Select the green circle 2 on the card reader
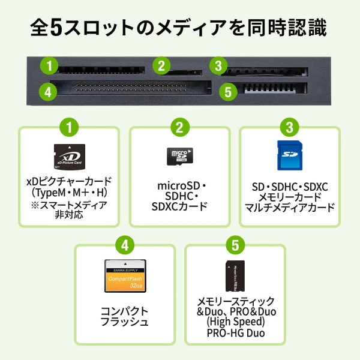point(160,65)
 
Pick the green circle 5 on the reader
point(226,92)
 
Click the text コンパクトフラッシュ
point(125,316)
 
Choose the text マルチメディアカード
point(290,208)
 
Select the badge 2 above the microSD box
point(179,127)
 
